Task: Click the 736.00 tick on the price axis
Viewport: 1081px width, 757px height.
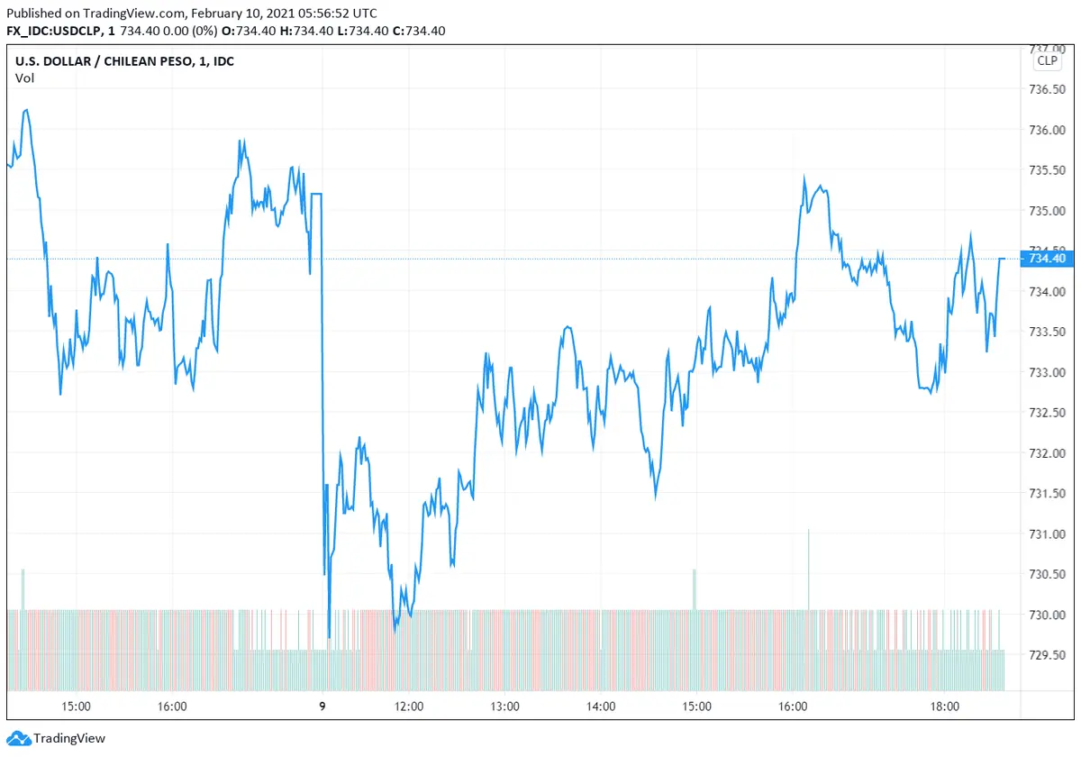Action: pyautogui.click(x=1046, y=130)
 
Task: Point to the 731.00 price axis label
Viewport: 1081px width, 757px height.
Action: pyautogui.click(x=1046, y=534)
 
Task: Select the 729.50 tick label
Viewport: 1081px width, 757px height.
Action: pyautogui.click(x=1046, y=655)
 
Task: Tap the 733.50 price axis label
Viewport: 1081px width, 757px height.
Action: pyautogui.click(x=1046, y=332)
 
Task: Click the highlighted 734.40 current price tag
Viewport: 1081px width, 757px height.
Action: pyautogui.click(x=1046, y=259)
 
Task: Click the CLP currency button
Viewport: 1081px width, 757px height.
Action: pyautogui.click(x=1047, y=60)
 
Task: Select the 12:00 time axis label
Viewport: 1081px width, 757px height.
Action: pyautogui.click(x=409, y=707)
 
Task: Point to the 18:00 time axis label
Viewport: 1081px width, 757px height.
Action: pyautogui.click(x=944, y=707)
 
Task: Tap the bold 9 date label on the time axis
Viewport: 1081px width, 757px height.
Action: pyautogui.click(x=322, y=707)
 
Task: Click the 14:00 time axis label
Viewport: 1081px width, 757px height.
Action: pyautogui.click(x=601, y=707)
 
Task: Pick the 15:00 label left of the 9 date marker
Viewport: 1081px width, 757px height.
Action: pyautogui.click(x=76, y=707)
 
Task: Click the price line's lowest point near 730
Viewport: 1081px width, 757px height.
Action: pyautogui.click(x=329, y=636)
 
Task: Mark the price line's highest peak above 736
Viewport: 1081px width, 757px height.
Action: pyautogui.click(x=27, y=110)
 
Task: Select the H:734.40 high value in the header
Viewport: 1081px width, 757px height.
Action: pyautogui.click(x=316, y=31)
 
